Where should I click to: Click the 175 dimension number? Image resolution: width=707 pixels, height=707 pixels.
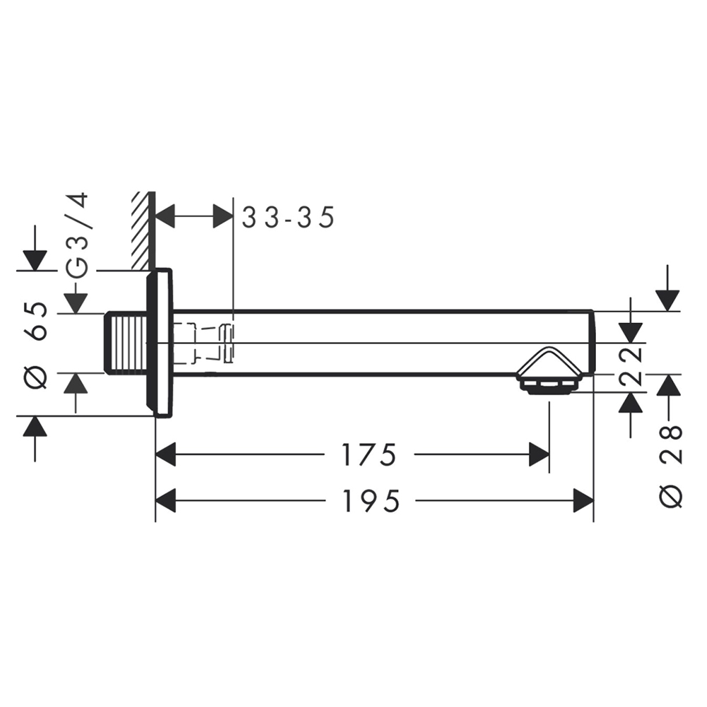[x=369, y=454]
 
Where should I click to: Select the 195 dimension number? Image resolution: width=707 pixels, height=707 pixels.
[x=371, y=501]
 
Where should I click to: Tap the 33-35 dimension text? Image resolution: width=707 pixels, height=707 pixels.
[x=288, y=217]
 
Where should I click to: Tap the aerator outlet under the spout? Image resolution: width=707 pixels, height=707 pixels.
[x=549, y=387]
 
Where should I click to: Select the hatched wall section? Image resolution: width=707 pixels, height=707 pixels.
[x=144, y=231]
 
